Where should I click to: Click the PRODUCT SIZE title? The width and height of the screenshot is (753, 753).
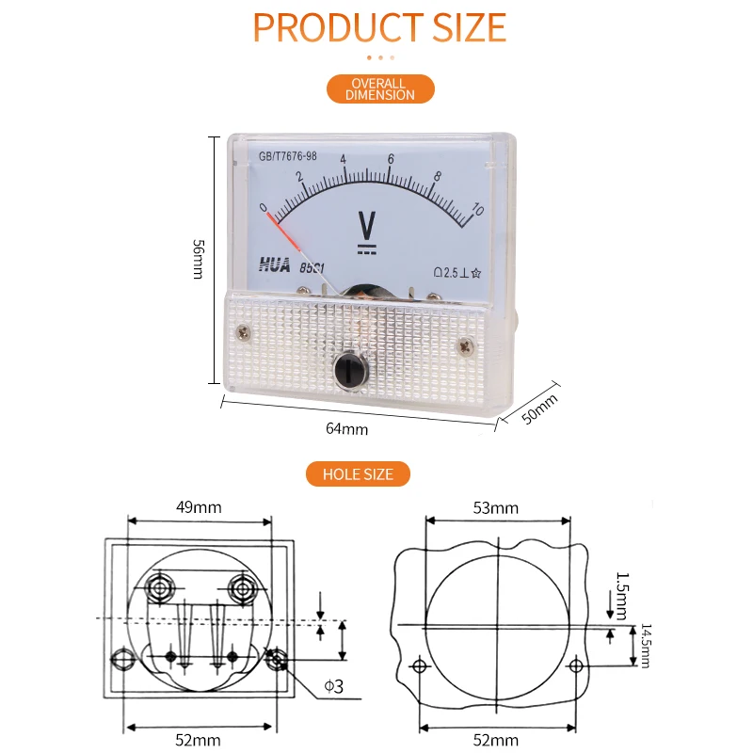point(379,27)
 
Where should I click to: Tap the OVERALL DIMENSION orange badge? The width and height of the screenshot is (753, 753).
point(380,88)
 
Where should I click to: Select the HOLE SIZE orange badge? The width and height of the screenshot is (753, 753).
point(358,474)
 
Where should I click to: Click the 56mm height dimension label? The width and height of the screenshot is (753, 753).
point(198,260)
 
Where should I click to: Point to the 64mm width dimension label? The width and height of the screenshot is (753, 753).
point(346,428)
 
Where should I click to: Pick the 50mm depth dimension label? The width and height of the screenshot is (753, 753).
point(539,409)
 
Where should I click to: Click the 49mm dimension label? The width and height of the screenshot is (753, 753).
point(199,507)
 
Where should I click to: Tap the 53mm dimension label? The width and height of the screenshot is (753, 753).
point(496,507)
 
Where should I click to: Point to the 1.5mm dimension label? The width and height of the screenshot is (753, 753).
point(622,596)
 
